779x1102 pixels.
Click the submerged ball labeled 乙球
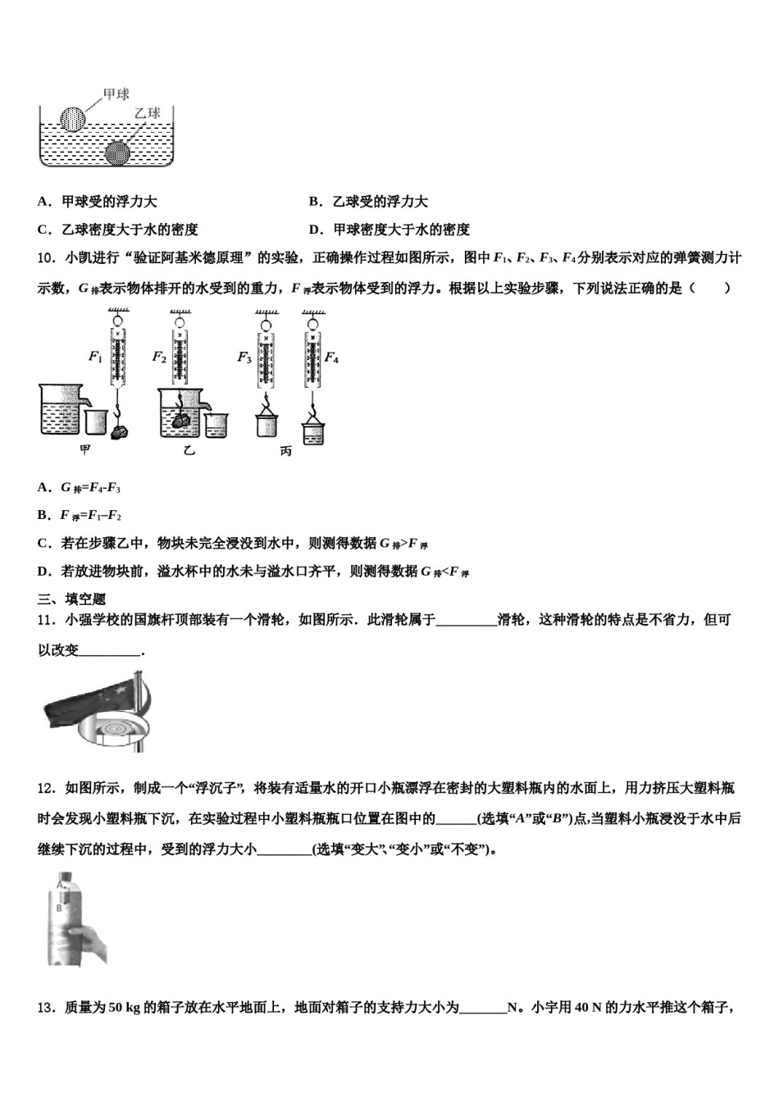coord(118,152)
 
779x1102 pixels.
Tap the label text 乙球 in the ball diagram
coord(148,113)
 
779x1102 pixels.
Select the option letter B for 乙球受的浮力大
coord(314,202)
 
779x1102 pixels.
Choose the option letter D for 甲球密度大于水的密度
coord(314,230)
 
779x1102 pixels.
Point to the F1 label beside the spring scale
coord(95,357)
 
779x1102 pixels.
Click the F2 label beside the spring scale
coord(159,357)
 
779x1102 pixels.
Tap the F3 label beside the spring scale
coord(244,357)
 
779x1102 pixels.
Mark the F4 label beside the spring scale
coord(331,357)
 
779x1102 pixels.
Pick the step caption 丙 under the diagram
coord(285,452)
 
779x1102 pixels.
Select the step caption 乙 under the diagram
coord(190,452)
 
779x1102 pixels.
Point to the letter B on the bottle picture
coord(59,908)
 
